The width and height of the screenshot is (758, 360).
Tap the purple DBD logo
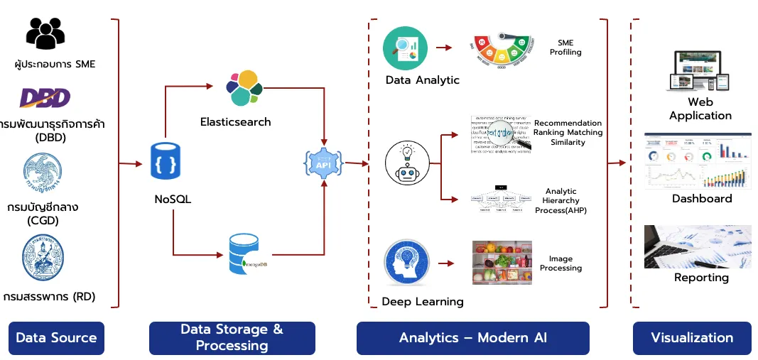45,97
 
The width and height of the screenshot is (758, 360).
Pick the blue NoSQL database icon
166,161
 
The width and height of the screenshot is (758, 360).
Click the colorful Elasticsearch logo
243,87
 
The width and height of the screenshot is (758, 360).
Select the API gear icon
324,163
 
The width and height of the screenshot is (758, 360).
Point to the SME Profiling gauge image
503,49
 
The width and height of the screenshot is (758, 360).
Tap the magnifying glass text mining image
501,133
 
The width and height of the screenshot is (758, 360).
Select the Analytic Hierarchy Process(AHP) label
561,201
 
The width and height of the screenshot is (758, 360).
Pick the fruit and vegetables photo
502,262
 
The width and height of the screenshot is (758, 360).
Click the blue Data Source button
56,338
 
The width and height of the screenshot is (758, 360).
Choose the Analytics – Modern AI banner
472,338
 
